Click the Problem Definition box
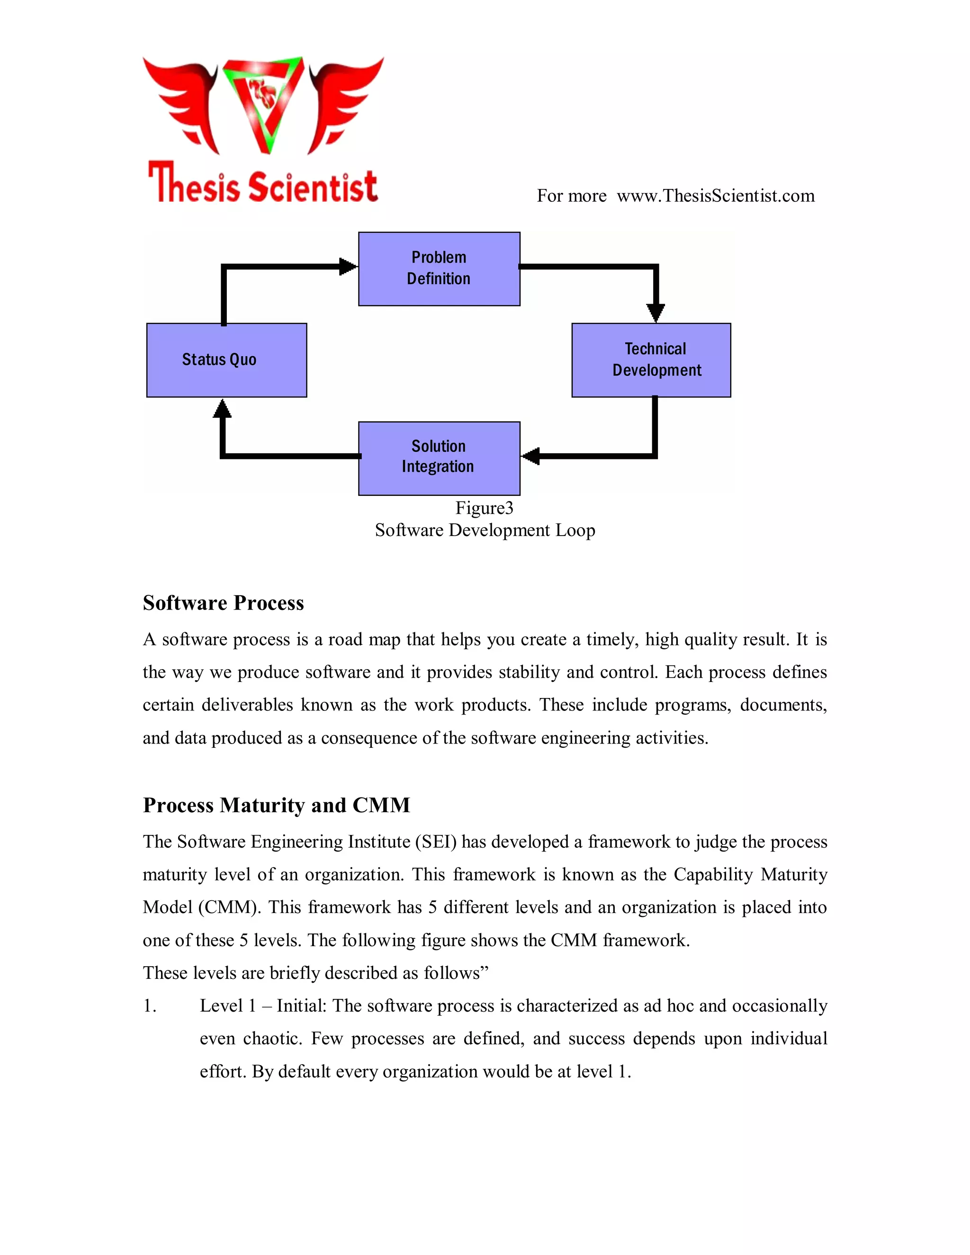[x=439, y=269]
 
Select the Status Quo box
[x=226, y=360]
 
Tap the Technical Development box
[x=651, y=360]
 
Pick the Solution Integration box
[x=439, y=458]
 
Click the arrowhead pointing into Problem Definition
[x=348, y=267]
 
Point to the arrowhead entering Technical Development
[x=656, y=313]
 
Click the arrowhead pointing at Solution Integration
[x=531, y=456]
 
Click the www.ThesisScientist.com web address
[x=716, y=196]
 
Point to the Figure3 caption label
[x=484, y=508]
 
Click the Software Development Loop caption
[x=485, y=530]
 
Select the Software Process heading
[x=223, y=603]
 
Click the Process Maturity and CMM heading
[x=277, y=805]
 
